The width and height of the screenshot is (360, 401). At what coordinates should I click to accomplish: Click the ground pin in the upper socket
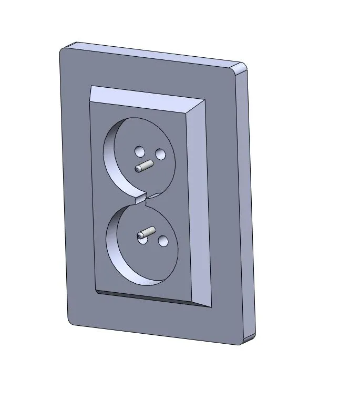[x=143, y=167]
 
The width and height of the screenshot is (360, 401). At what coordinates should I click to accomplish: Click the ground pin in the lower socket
[x=146, y=233]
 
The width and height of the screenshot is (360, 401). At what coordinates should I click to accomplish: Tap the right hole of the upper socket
[x=160, y=154]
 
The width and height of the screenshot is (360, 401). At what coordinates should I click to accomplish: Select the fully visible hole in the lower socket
[x=163, y=241]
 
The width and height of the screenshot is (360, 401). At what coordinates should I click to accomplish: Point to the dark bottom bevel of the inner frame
[x=147, y=297]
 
